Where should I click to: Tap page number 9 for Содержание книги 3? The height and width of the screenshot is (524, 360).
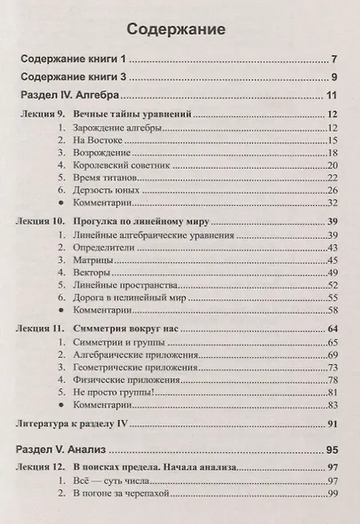(330, 77)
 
